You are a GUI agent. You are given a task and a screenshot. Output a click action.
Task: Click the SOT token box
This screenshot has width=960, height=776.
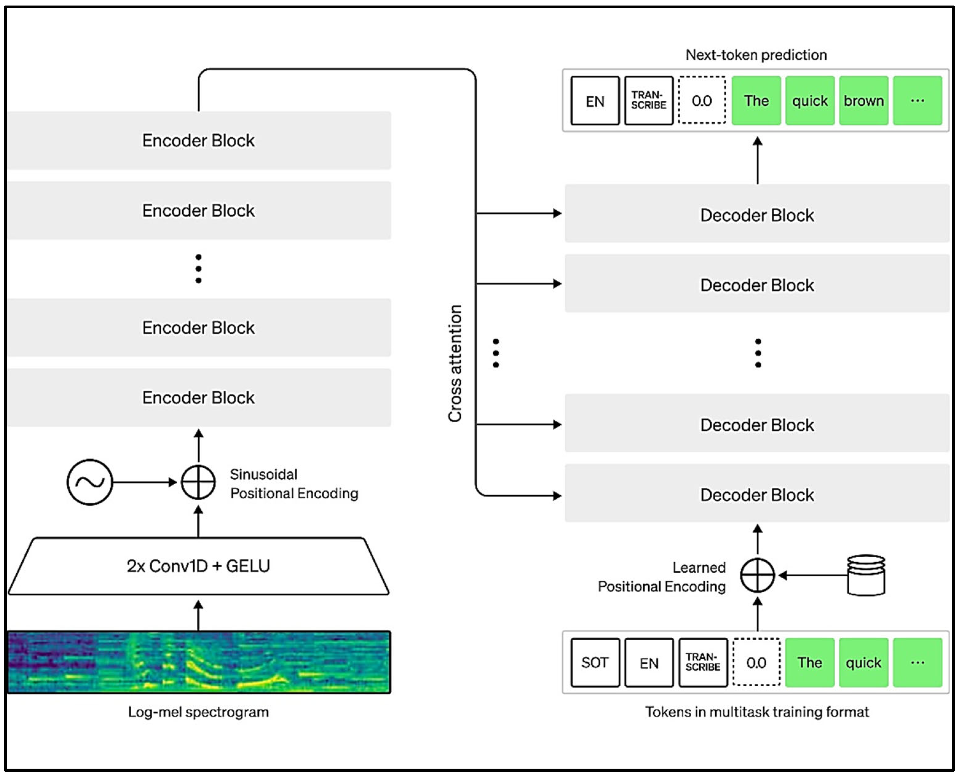595,662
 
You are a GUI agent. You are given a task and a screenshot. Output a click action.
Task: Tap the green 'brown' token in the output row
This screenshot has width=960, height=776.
863,101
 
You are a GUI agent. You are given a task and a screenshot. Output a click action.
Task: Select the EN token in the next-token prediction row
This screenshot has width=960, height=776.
595,101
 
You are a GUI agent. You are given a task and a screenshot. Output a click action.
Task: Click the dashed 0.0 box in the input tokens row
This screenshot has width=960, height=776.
757,662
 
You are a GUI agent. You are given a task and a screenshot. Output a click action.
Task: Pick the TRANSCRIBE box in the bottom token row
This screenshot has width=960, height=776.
703,662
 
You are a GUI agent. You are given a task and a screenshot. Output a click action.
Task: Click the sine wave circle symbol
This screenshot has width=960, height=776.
89,482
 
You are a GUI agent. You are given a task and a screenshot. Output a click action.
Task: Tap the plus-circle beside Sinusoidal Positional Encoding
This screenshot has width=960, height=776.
198,482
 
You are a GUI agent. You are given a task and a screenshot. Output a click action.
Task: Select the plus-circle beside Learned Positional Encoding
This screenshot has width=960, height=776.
757,575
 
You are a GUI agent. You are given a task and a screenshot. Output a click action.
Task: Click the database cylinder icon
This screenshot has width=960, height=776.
866,575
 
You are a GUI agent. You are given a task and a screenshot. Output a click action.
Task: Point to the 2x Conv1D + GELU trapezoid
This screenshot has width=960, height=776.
198,566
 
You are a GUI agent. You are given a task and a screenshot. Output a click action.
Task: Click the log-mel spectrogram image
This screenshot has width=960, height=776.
198,662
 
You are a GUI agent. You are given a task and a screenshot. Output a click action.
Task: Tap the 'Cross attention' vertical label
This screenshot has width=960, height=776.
455,363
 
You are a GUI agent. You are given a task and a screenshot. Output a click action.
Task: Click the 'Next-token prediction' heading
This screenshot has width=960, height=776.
756,55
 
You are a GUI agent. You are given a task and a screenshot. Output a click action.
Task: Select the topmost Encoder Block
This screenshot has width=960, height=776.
198,140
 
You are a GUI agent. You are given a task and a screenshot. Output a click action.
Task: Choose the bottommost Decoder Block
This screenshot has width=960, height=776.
757,494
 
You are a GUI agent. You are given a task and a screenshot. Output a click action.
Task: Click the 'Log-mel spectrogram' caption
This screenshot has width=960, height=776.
198,712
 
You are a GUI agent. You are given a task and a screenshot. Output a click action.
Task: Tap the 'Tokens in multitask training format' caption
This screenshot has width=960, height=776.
757,712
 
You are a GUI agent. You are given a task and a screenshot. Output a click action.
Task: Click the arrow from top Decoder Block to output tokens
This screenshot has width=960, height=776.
757,161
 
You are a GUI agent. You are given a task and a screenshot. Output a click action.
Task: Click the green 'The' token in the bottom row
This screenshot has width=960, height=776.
810,662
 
